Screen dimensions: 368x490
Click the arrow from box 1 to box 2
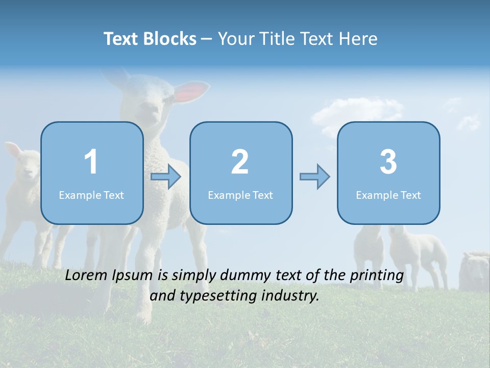pyautogui.click(x=166, y=177)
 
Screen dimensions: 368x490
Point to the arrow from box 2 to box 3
pyautogui.click(x=314, y=177)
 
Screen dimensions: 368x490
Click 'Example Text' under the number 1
pyautogui.click(x=91, y=195)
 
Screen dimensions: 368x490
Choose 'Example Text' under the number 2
pyautogui.click(x=240, y=195)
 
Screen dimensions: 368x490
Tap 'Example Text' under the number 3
pyautogui.click(x=388, y=195)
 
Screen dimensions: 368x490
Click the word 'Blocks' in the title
pyautogui.click(x=169, y=39)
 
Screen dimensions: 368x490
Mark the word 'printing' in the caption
pyautogui.click(x=377, y=276)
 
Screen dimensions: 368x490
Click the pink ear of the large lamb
pyautogui.click(x=192, y=91)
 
